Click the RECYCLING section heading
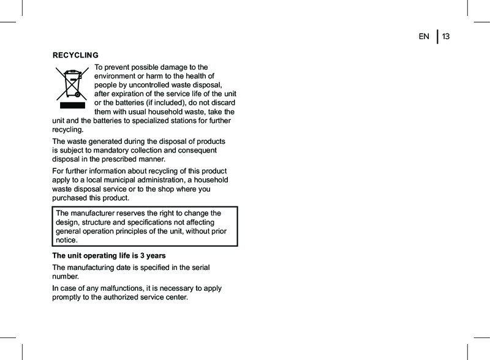(76, 55)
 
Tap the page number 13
(446, 37)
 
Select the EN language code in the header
(424, 37)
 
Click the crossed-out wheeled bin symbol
(72, 83)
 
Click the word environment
(118, 75)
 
